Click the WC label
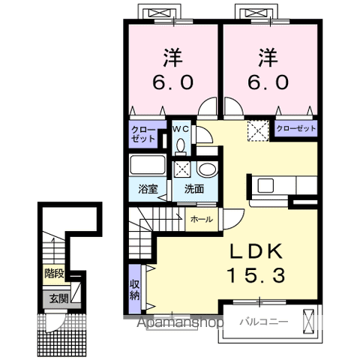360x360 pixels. coord(181,129)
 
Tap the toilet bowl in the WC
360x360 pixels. coord(181,146)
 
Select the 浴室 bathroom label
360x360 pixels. coord(148,189)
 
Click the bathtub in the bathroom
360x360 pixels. coord(148,165)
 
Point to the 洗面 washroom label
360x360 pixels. coord(194,189)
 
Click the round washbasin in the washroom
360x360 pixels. coord(207,169)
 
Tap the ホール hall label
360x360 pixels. coord(202,220)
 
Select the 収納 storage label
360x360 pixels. coord(135,289)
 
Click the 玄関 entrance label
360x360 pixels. coord(58,298)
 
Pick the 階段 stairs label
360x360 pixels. coord(54,274)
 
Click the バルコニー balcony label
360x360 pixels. coord(264,322)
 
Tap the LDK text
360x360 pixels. coord(256,250)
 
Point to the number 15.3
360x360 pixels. coord(256,275)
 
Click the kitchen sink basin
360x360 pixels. coord(265,185)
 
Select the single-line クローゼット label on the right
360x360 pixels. coord(296,128)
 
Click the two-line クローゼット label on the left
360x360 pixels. coord(143,134)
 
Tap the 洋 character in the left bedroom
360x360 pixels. coord(172,58)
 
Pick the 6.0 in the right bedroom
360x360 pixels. coord(268,82)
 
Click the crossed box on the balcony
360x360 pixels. coord(308,322)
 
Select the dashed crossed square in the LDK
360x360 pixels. coord(258,130)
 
